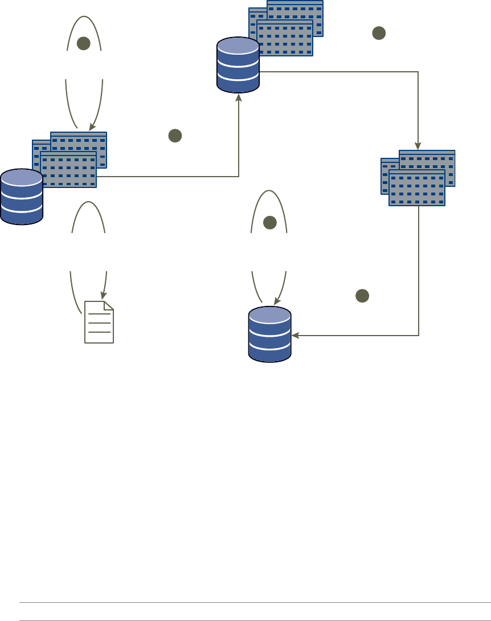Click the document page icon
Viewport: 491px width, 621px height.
tap(99, 323)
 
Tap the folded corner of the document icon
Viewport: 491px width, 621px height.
tap(109, 306)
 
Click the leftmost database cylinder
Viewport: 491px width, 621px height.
tap(22, 197)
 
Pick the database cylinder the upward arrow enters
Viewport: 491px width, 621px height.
tap(238, 65)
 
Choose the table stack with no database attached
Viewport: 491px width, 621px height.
tap(418, 178)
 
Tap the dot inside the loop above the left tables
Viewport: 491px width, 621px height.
tap(84, 43)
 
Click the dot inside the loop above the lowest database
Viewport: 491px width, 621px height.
tap(269, 223)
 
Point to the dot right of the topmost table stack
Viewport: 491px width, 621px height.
tap(379, 33)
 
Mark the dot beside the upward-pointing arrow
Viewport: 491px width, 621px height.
tap(175, 136)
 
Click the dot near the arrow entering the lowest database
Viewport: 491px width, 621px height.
tap(362, 296)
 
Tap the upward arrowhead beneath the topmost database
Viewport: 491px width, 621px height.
tap(238, 97)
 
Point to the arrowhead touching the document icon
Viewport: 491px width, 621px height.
tap(103, 296)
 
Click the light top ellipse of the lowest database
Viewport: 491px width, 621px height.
tap(269, 316)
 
